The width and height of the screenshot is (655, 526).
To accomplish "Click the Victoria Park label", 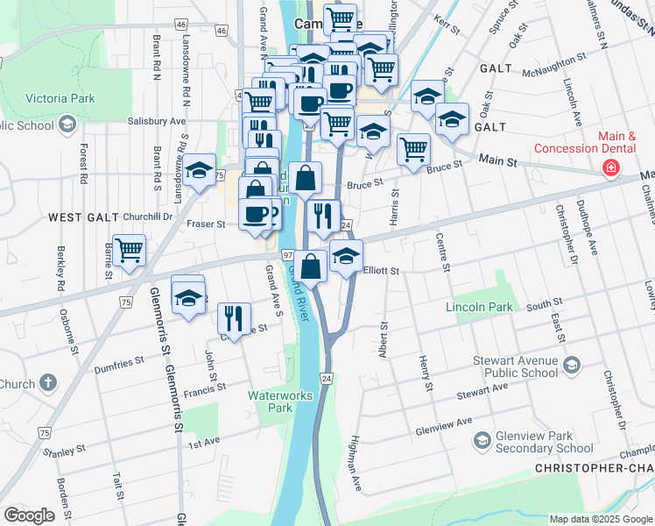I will click(60, 98).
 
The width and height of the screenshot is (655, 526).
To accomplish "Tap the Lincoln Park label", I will click(478, 308).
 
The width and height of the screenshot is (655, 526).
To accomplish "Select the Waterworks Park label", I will click(280, 402).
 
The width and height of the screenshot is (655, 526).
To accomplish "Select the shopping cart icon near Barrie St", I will click(130, 250).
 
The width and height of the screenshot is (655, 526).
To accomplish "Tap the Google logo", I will click(30, 515).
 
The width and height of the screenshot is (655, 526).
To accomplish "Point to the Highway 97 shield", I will click(287, 253).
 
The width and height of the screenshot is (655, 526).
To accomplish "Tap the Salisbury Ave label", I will click(157, 121).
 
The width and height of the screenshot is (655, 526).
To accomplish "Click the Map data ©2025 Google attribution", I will click(601, 519).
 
